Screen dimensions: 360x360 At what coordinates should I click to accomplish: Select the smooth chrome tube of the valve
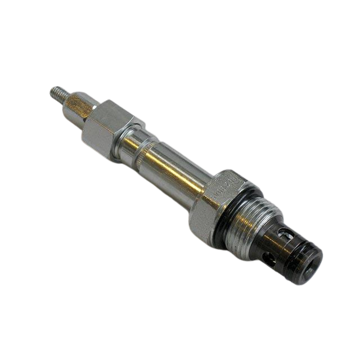(x=169, y=169)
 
